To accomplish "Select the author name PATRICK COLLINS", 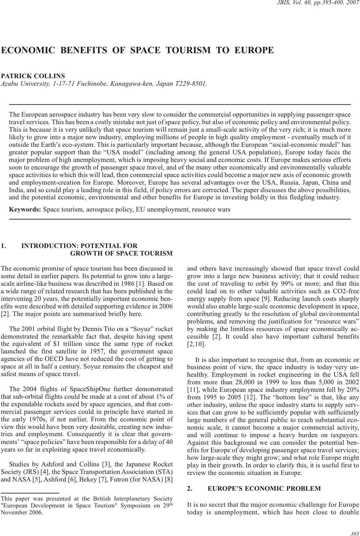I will [33, 76].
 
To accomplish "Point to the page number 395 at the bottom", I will [355, 534].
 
